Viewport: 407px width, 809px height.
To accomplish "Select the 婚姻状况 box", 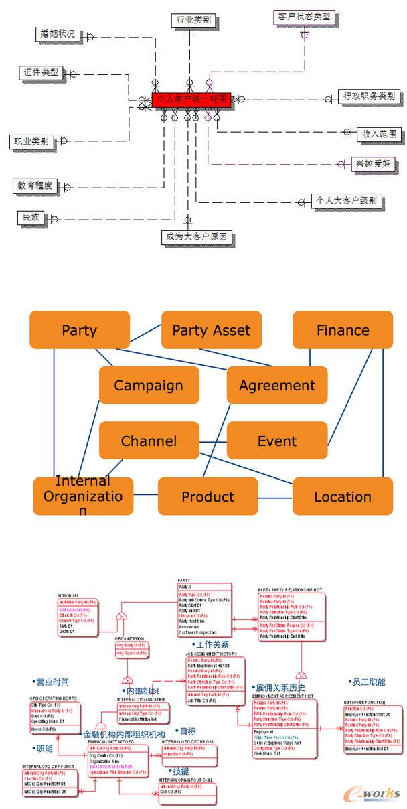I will tap(58, 33).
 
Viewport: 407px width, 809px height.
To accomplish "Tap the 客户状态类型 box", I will tap(304, 17).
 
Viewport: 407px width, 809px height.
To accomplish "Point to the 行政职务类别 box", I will tap(369, 96).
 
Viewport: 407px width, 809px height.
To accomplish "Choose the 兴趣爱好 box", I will tap(374, 164).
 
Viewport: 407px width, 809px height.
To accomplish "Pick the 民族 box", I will tap(31, 218).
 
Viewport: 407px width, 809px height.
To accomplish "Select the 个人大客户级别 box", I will tap(347, 200).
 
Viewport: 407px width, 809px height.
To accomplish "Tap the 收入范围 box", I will tap(379, 134).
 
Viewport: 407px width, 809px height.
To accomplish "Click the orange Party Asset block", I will tap(211, 330).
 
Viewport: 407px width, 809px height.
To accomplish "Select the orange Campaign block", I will tap(149, 385).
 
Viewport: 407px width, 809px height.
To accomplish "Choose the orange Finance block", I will tap(343, 330).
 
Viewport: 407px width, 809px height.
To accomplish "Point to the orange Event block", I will tap(277, 441).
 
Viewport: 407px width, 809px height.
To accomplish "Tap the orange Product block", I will tap(208, 496).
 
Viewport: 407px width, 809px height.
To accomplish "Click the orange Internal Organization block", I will tap(83, 496).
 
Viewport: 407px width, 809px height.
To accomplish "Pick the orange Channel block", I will tap(149, 441).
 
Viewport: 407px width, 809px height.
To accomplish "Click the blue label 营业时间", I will tap(52, 682).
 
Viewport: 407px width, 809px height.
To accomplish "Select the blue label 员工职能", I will tap(368, 682).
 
